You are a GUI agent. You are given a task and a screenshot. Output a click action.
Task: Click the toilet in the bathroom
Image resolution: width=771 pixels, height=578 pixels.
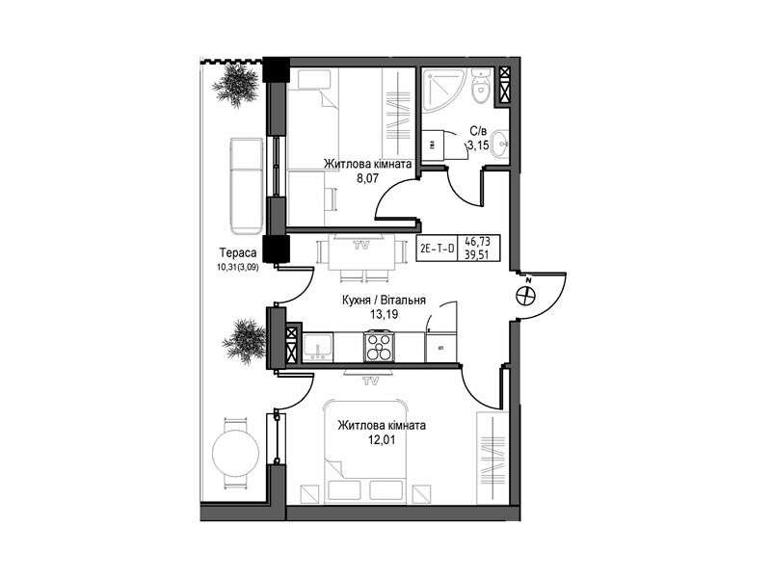point(479,87)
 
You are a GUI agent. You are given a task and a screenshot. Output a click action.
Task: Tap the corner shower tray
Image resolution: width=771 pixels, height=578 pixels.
point(441,89)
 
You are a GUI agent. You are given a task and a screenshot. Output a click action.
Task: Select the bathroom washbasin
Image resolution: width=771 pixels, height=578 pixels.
point(501,143)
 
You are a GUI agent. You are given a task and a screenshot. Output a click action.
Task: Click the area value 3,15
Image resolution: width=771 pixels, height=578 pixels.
point(477,145)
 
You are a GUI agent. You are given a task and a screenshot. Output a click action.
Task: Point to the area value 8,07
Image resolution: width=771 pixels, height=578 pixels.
point(367,178)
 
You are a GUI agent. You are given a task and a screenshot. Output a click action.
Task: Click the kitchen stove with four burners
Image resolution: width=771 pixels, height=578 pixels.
point(379,347)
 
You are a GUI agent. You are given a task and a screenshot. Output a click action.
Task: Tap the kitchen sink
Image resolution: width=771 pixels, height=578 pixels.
point(318,347)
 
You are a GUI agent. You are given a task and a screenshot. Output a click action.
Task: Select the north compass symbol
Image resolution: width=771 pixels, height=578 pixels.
point(525,295)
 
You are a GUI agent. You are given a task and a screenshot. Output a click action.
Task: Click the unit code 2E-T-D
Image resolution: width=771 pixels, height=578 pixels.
point(437,249)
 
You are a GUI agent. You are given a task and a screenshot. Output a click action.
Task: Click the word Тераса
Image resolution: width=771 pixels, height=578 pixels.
point(238,253)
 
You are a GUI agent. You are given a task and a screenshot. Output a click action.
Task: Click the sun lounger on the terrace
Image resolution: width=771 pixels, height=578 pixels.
point(247,186)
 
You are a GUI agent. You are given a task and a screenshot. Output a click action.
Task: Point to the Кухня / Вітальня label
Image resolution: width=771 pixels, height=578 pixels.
point(384,300)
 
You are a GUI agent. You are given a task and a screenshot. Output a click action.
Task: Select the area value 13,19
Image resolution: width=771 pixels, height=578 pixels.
point(384,315)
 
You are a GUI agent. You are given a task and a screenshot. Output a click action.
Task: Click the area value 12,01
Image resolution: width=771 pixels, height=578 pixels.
point(382,440)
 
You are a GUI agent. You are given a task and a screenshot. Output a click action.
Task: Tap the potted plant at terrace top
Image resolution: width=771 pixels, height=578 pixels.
point(236,84)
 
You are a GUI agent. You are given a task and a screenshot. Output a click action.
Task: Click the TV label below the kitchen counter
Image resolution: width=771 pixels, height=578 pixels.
point(370,380)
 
